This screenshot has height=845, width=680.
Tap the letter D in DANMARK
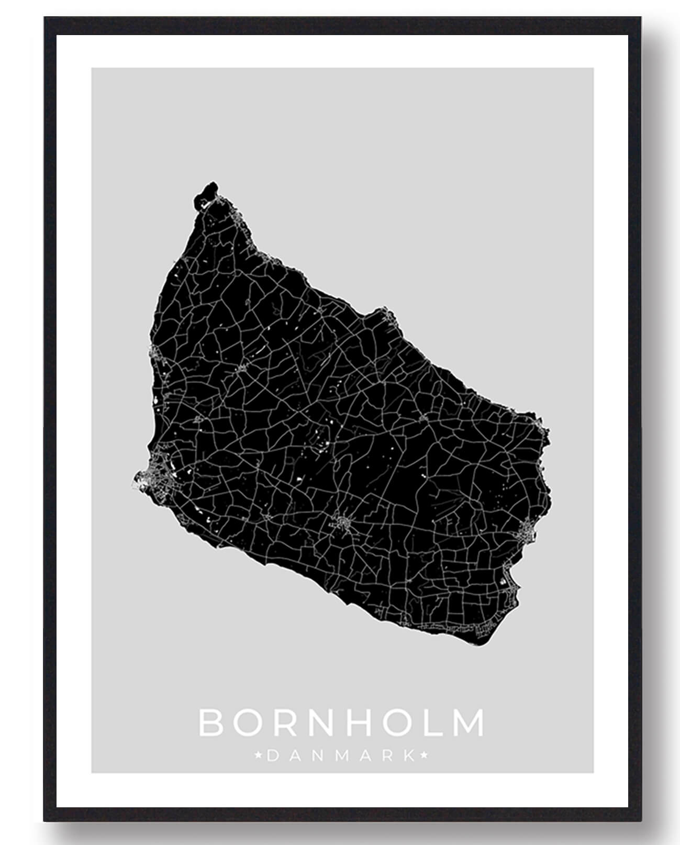(272, 755)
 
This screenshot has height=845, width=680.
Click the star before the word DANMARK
(258, 755)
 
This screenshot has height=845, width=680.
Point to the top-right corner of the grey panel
(593, 69)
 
